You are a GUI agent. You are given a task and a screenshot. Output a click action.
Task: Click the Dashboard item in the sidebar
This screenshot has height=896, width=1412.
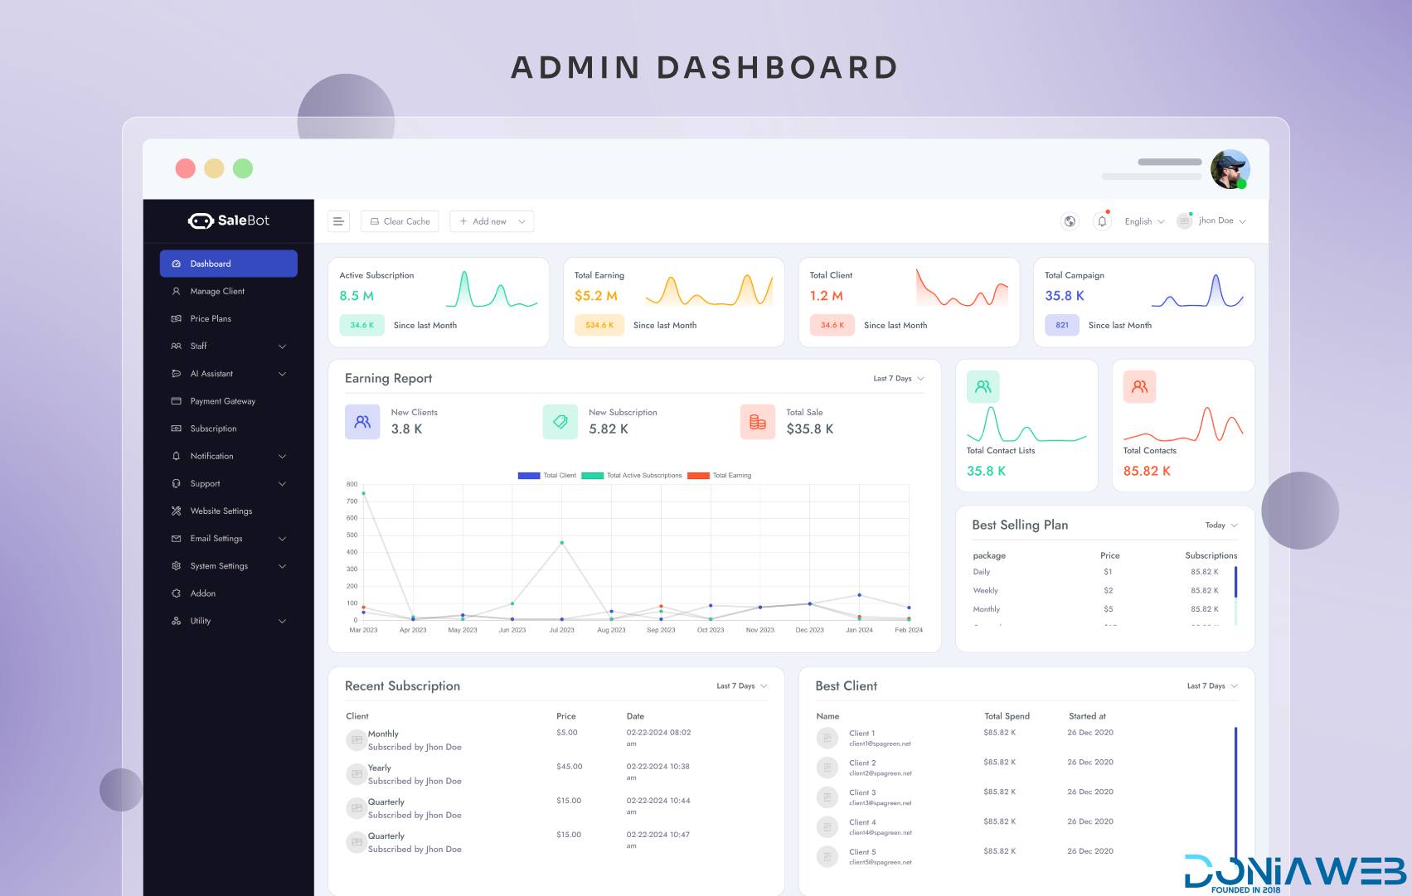228,264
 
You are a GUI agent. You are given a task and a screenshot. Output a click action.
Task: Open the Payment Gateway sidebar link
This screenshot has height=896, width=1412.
222,401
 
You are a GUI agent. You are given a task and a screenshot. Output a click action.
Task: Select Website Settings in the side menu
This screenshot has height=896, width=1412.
221,511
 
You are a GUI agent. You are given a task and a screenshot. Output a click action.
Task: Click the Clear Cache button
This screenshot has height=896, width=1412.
400,221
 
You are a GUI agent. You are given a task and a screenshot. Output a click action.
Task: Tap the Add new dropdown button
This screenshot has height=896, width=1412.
492,221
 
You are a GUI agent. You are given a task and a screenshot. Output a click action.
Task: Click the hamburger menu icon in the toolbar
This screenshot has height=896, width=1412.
338,221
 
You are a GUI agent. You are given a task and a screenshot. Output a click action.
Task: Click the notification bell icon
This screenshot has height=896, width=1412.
1102,221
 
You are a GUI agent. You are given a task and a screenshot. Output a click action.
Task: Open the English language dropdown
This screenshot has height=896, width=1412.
1144,221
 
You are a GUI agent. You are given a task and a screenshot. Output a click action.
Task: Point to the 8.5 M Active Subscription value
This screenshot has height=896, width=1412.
357,296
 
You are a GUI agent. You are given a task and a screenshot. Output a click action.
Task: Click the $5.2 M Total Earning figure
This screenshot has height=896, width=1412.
596,296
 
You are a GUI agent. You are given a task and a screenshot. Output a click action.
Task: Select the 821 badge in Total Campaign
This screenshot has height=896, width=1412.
1062,325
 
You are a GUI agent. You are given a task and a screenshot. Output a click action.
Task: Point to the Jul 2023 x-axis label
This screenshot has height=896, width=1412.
561,630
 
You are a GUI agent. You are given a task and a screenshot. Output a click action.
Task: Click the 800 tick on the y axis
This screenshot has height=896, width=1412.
352,484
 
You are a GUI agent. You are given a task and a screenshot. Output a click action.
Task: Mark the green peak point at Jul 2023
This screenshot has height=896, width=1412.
562,543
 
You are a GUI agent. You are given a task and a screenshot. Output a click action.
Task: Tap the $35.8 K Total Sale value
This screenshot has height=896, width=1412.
810,429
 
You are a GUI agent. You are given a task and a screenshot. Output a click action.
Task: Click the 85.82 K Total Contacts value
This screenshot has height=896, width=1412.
1147,471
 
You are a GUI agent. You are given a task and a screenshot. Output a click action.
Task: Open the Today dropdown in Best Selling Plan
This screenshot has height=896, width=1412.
1220,525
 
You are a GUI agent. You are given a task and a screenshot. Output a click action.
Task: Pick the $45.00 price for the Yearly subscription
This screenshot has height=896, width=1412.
570,767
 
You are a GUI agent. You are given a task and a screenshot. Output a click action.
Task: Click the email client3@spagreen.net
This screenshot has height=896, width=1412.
881,803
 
